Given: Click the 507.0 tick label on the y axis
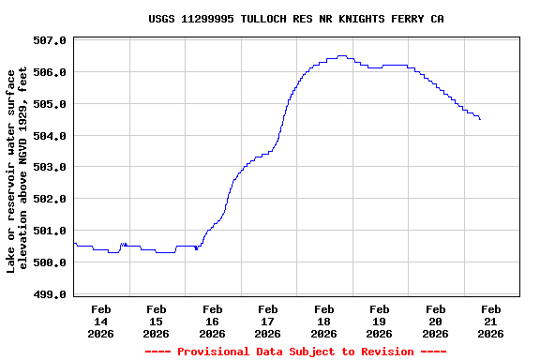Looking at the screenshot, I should [x=50, y=40].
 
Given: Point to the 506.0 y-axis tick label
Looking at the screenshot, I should [x=50, y=72].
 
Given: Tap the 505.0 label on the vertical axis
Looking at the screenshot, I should [x=50, y=104].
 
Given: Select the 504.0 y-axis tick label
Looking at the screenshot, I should [x=50, y=136].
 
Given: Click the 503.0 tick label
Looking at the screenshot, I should [x=50, y=168].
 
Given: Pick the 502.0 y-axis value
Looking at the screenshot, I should [x=50, y=200].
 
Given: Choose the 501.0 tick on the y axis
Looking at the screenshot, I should [x=50, y=231].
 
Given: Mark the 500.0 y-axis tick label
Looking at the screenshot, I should [x=50, y=262].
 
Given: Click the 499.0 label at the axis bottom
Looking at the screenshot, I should [x=50, y=294].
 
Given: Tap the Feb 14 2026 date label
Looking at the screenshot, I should [x=101, y=321].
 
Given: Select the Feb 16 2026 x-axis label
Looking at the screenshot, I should [x=213, y=321].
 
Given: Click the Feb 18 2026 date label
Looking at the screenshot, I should [x=324, y=321].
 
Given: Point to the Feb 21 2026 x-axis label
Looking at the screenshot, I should [x=491, y=321].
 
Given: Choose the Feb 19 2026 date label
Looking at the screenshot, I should [x=380, y=321].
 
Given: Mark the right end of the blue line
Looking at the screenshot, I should [x=480, y=119].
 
